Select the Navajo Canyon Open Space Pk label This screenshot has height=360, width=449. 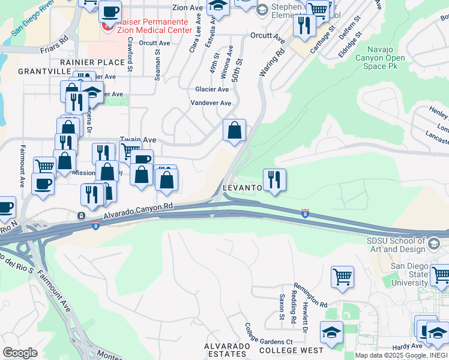(379, 58)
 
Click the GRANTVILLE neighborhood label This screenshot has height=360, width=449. (44, 71)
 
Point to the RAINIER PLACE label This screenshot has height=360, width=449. (91, 62)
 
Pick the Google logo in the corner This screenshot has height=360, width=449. (20, 353)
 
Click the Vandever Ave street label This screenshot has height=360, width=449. (211, 103)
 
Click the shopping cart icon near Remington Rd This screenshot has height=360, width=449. (342, 277)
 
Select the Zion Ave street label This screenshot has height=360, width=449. (188, 8)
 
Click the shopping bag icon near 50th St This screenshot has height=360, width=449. (234, 130)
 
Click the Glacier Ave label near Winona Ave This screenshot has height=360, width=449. (212, 89)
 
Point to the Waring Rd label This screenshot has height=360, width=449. (271, 62)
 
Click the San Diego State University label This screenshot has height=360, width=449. (411, 274)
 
